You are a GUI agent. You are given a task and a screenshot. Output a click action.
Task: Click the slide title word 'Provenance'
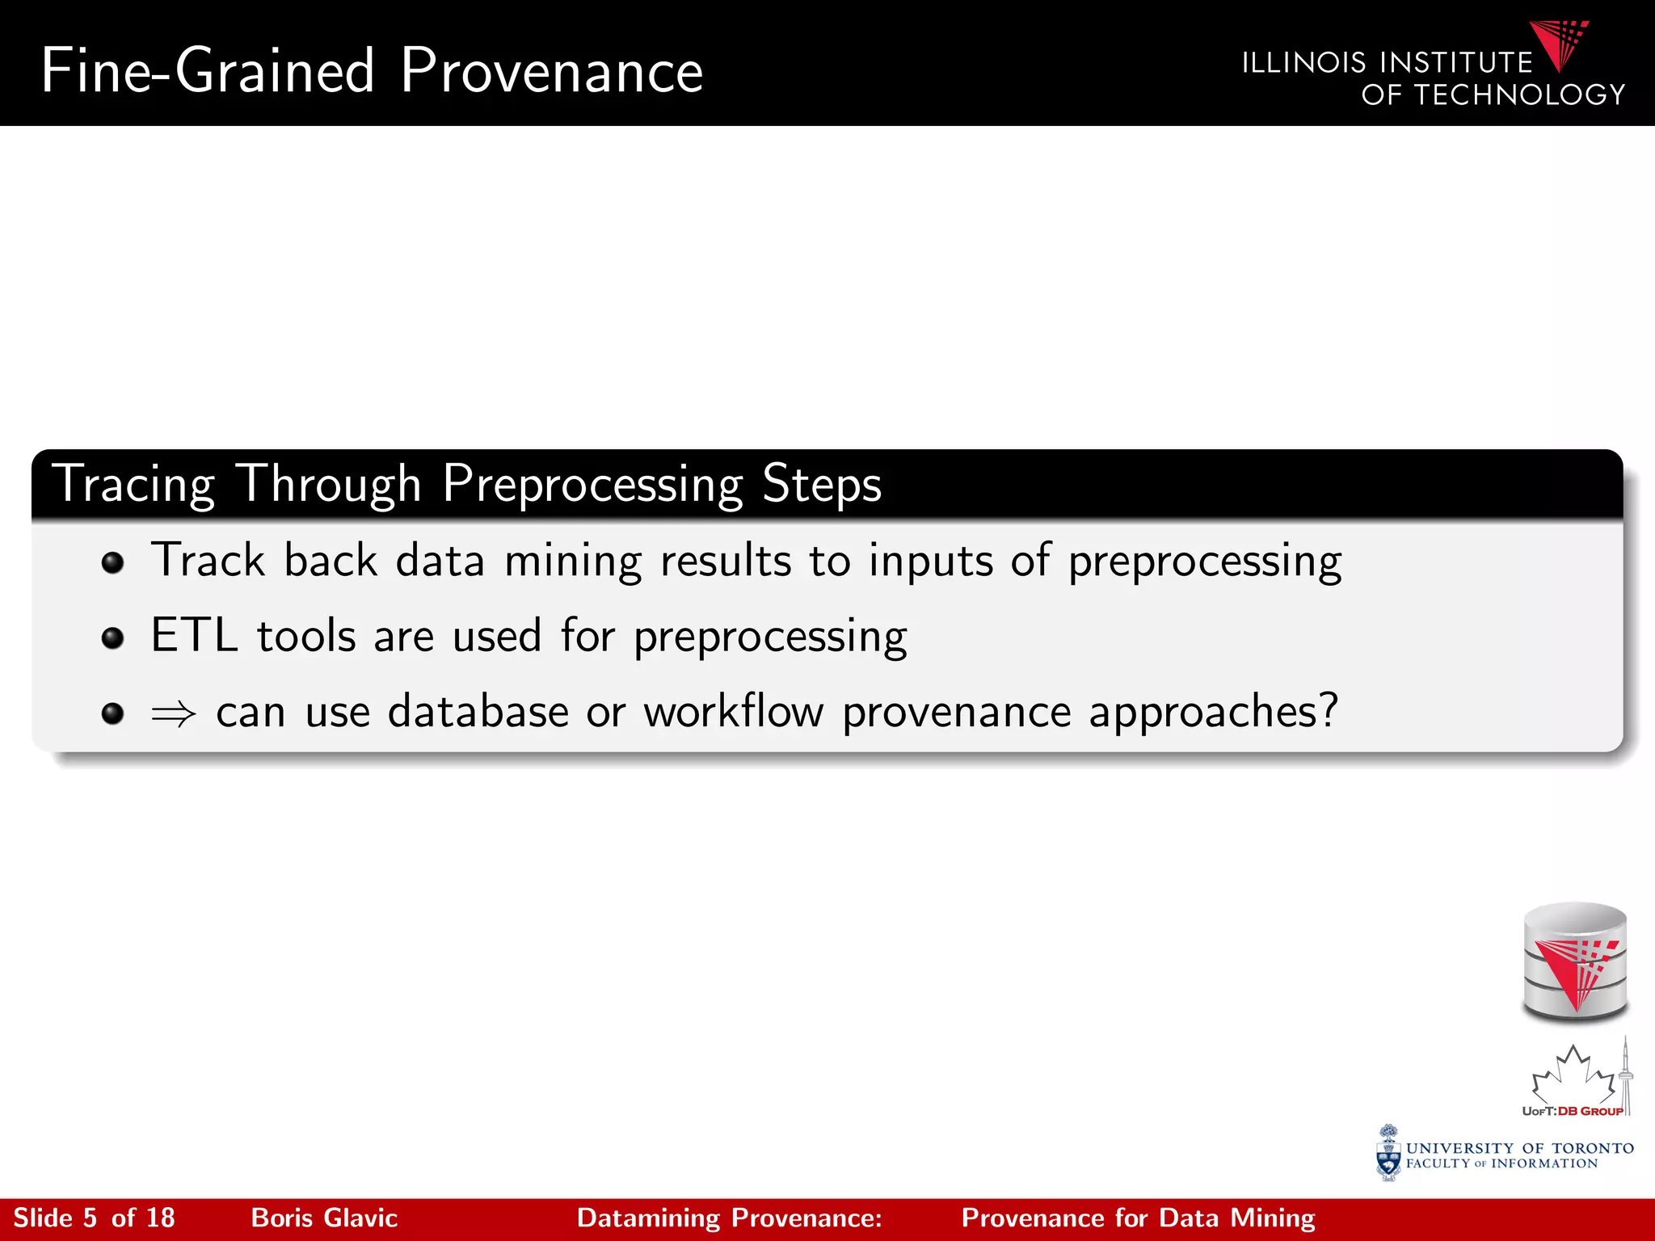552,71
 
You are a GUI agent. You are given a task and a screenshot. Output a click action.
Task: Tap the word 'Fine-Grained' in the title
208,71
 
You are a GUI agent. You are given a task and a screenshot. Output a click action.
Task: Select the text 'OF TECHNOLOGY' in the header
1493,95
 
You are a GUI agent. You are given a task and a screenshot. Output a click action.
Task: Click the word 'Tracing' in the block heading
133,485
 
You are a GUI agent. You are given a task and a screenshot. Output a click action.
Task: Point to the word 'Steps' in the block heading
821,484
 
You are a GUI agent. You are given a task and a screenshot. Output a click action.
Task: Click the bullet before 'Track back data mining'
113,563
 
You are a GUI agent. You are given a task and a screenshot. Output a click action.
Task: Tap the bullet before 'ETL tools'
113,638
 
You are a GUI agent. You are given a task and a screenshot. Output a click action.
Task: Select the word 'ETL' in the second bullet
194,635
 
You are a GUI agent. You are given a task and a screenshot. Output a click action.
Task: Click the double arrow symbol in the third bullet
174,713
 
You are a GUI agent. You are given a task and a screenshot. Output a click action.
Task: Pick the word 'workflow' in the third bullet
733,712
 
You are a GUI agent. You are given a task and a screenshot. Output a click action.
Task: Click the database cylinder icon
1575,961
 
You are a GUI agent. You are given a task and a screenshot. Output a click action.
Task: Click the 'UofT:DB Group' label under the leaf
1572,1112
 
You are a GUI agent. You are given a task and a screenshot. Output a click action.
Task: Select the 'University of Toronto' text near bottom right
1519,1148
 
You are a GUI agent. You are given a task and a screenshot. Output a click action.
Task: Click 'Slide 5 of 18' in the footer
95,1218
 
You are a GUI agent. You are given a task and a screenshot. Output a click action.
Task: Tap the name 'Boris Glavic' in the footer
324,1218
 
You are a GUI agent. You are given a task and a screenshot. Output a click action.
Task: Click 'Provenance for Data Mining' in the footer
1138,1218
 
